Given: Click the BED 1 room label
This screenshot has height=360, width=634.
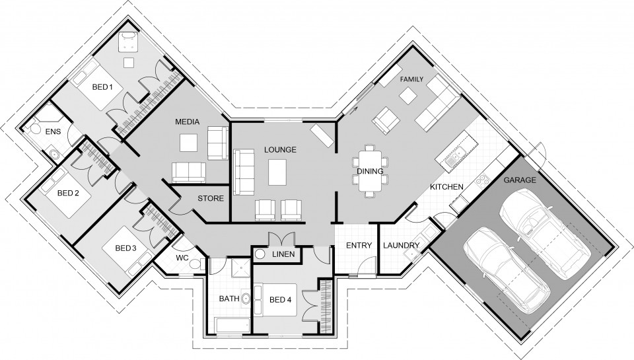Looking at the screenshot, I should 102,87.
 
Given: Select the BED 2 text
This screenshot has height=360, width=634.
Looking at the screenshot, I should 68,194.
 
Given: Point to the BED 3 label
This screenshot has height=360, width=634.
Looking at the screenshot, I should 125,248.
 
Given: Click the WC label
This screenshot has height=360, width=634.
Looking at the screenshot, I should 182,258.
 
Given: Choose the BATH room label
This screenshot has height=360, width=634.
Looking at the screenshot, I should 229,299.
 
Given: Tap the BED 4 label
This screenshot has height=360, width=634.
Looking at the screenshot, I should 280,300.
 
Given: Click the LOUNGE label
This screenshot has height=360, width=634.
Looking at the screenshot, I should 280,150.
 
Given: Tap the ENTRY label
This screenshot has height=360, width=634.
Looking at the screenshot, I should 359,246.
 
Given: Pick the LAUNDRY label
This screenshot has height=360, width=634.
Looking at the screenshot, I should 401,246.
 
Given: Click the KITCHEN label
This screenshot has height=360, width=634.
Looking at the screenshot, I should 446,187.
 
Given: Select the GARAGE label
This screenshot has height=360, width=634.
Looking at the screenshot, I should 520,179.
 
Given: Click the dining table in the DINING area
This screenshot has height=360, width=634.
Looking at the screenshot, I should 370,171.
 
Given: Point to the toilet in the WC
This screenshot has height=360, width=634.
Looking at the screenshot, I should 195,265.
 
